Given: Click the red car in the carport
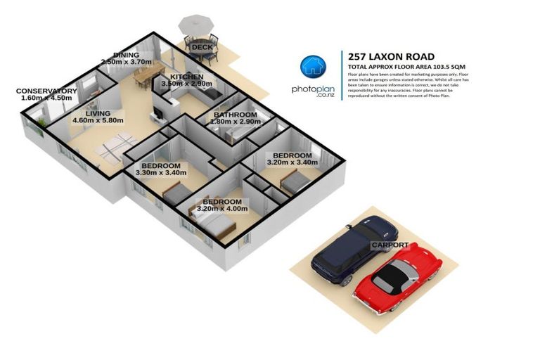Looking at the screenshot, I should [x=397, y=276].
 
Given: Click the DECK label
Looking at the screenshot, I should [x=202, y=47].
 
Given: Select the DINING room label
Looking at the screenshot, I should [x=126, y=55].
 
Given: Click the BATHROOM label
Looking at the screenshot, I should [x=236, y=115].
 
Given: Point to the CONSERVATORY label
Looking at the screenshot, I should [x=46, y=91].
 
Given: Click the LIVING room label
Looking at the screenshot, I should [x=98, y=113].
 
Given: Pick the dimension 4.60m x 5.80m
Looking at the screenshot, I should [x=98, y=121].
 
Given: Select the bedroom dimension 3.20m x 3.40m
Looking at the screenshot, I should [x=292, y=163].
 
